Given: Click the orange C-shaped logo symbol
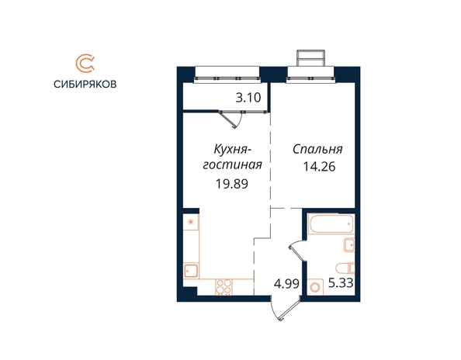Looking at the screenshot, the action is (85, 63).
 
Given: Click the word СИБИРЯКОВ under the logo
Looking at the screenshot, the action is (85, 85).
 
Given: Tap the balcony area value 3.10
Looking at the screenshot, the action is (248, 98).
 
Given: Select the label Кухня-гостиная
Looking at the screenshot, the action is (233, 157).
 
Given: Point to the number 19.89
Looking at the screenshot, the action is (232, 184).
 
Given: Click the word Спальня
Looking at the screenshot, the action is (317, 150).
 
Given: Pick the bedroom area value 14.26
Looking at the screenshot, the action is (319, 167).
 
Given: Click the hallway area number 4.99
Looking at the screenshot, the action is (286, 284).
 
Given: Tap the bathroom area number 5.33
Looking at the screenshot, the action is (341, 283).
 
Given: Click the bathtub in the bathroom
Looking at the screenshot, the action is (331, 223).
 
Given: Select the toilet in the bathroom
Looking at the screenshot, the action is (345, 268).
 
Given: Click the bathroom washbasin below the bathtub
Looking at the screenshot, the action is (349, 244).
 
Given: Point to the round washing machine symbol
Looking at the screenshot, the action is (315, 287).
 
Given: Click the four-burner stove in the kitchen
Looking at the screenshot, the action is (224, 287).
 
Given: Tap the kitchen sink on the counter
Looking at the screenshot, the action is (191, 270).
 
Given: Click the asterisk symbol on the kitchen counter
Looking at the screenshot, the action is (190, 222).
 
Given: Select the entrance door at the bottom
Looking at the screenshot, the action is (285, 309).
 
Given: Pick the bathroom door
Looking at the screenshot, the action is (297, 251).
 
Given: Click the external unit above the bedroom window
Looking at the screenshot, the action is (311, 58).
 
